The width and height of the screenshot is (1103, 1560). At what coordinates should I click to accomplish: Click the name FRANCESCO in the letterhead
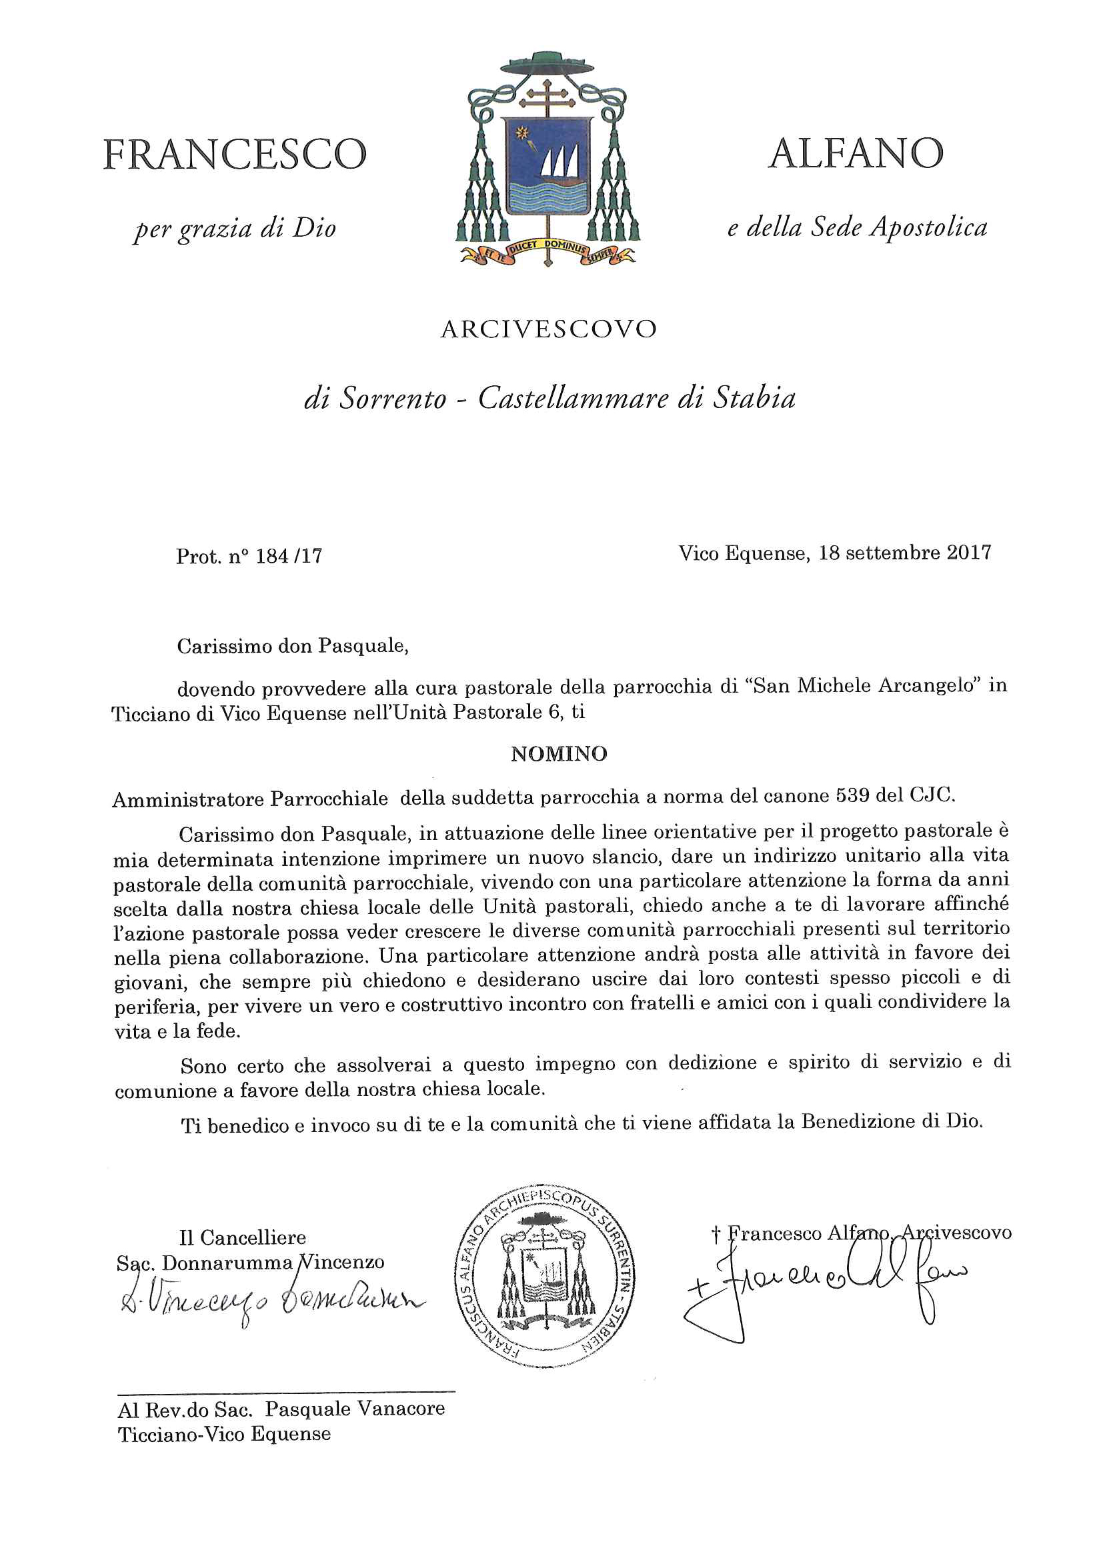[235, 154]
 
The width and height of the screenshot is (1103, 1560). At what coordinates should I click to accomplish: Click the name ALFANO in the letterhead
[856, 153]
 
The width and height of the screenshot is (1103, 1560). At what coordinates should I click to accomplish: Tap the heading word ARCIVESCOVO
[548, 329]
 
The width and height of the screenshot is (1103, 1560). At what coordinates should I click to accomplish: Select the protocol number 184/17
[288, 557]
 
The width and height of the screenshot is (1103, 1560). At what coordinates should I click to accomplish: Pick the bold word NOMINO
[559, 753]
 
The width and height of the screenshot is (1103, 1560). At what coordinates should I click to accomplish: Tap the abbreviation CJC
[931, 793]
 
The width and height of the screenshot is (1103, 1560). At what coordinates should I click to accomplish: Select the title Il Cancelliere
[242, 1237]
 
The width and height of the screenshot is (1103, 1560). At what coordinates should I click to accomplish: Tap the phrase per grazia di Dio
[235, 229]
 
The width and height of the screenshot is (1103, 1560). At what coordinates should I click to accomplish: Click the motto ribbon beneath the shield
[547, 252]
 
